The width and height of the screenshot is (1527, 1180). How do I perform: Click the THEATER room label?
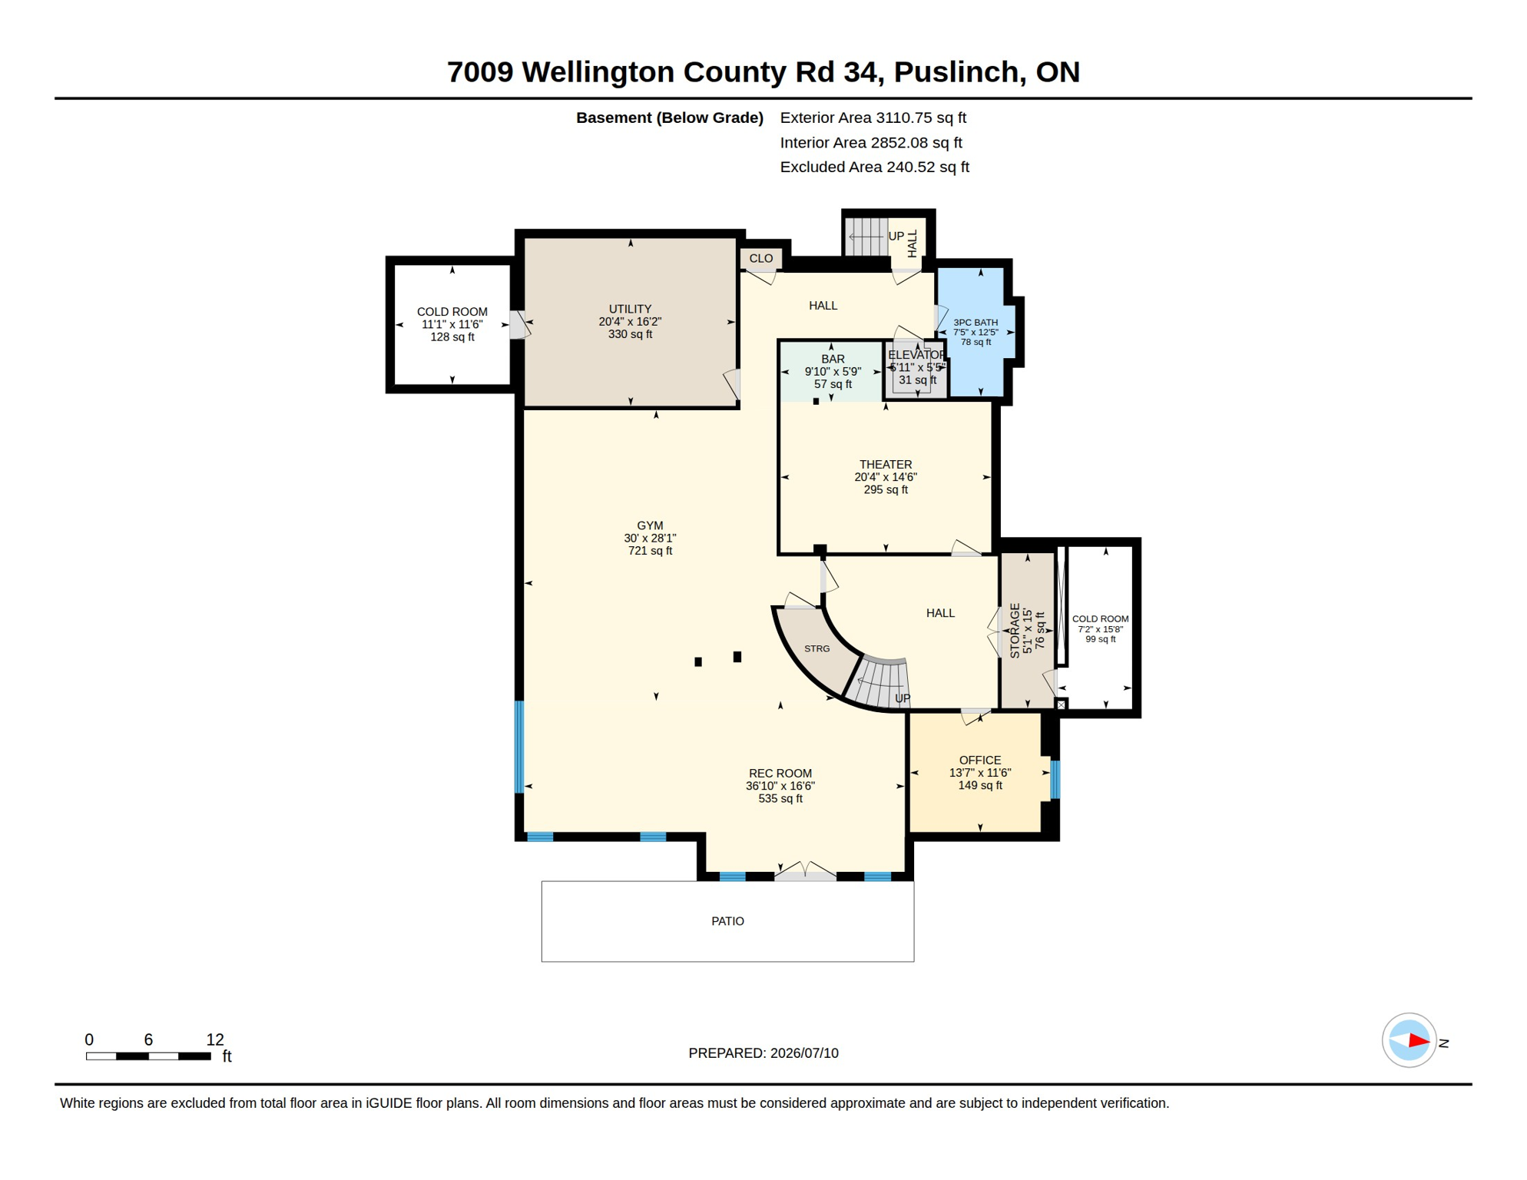[886, 465]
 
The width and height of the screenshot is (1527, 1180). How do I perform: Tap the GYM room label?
[650, 526]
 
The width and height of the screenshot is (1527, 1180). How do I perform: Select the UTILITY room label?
[630, 309]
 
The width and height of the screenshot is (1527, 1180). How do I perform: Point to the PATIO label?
[727, 921]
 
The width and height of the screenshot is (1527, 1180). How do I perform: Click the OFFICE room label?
[980, 761]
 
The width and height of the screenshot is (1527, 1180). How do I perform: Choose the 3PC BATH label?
[975, 323]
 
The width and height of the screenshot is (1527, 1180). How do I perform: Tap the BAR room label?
[833, 359]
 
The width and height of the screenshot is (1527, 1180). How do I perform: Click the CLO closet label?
[761, 258]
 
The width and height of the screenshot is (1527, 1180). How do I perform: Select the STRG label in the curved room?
[816, 649]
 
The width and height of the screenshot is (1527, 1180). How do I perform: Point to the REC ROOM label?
[780, 774]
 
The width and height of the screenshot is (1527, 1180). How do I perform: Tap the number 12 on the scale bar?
[215, 1039]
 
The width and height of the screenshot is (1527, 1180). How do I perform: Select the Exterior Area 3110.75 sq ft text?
[873, 118]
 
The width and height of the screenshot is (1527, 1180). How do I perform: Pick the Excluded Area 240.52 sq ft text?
[874, 167]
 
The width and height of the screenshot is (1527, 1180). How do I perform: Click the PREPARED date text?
[763, 1053]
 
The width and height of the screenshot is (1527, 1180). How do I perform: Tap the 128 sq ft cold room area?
[452, 337]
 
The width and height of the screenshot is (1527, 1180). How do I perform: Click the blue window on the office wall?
[1055, 779]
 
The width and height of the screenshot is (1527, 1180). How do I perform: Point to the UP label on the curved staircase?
[903, 698]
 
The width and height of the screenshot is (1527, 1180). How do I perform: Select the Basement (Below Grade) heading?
[669, 118]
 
